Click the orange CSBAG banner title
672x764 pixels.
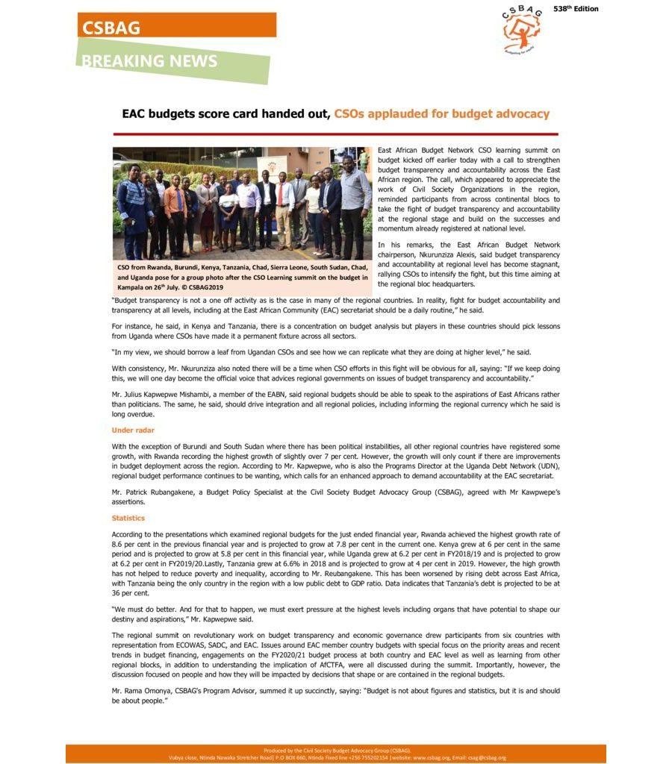coord(111,28)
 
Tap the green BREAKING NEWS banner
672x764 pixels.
coord(149,61)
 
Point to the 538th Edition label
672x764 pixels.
coord(575,9)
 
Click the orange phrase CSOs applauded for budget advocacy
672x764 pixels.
coord(441,114)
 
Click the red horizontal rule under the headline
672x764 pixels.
coord(335,134)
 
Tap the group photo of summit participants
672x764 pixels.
coord(242,203)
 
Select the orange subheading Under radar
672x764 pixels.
coord(133,430)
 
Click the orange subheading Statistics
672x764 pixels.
coord(128,518)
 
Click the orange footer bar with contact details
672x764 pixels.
coord(335,754)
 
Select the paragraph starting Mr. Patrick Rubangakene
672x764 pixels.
coord(335,498)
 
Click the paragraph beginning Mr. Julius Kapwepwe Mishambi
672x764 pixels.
coord(335,404)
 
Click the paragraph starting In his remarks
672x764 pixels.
coord(468,264)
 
